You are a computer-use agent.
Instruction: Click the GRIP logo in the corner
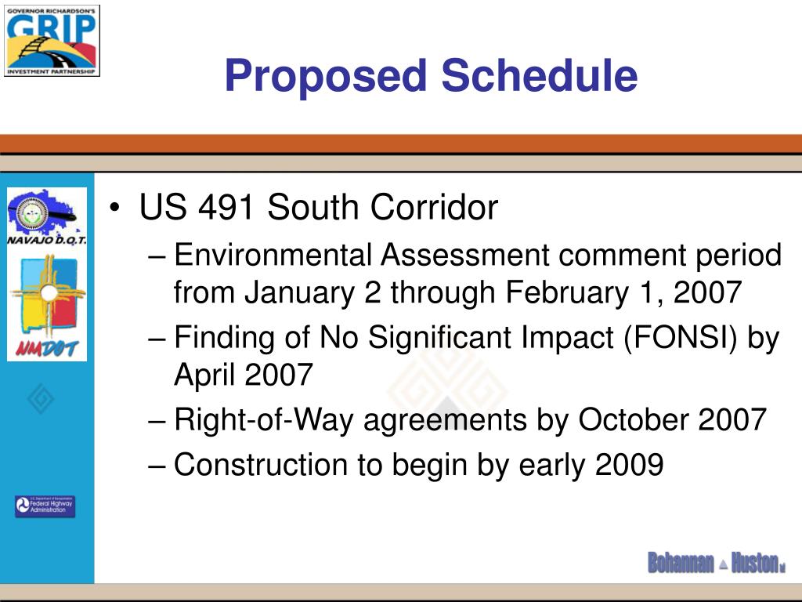coord(52,38)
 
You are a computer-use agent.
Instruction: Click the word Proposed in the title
coord(326,77)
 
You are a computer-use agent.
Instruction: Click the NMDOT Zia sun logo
coord(48,306)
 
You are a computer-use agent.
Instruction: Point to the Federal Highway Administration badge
coord(45,506)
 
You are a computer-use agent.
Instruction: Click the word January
coord(299,293)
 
